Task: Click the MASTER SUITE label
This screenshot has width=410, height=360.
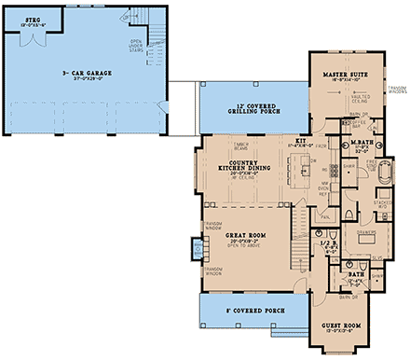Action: (x=342, y=73)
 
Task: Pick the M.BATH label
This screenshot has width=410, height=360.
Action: (x=362, y=143)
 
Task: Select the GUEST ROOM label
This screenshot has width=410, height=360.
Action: (x=340, y=325)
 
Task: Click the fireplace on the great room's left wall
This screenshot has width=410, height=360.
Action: (x=196, y=248)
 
